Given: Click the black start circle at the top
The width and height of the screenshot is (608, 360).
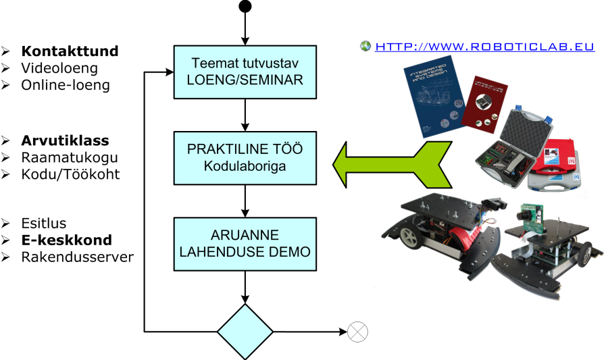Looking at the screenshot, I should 245,7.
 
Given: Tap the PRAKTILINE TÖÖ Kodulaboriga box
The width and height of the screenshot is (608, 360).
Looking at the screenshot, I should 245,157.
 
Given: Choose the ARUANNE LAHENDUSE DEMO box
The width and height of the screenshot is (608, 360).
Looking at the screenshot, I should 245,244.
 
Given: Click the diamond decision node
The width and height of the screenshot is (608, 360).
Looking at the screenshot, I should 245,332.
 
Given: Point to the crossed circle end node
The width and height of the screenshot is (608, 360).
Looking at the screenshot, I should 357,332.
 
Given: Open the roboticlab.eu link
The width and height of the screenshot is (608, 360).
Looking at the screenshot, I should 484,47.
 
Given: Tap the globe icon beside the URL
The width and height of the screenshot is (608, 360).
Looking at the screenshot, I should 366,47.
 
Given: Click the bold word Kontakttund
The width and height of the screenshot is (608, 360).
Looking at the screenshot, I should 70,51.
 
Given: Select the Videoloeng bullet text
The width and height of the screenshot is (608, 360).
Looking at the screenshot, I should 59,68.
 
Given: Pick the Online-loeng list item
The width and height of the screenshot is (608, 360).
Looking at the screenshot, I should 66,85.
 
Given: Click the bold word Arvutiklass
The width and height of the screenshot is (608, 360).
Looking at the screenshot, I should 65,141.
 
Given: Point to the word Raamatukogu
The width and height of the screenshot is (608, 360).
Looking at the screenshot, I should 70,157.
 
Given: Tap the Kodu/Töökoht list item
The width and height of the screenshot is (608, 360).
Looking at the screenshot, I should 70,174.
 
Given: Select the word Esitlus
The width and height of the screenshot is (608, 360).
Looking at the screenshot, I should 44,224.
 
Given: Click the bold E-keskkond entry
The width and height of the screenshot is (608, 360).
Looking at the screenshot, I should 66,240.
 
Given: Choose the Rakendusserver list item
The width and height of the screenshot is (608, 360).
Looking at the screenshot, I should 78,257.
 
